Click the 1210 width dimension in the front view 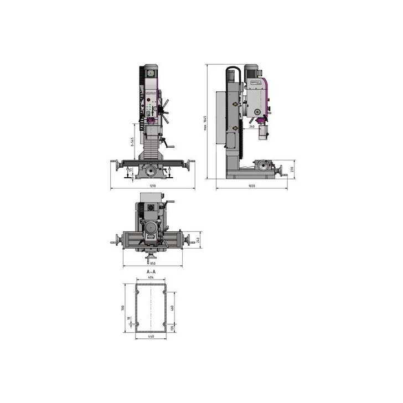click(152, 185)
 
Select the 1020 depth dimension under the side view click(252, 185)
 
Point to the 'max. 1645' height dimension click(205, 123)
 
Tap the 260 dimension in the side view click(252, 126)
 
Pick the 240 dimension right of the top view click(198, 240)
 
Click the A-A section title click(151, 273)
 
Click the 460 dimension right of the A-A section click(173, 307)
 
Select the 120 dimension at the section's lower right click(173, 328)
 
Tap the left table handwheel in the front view click(117, 165)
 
